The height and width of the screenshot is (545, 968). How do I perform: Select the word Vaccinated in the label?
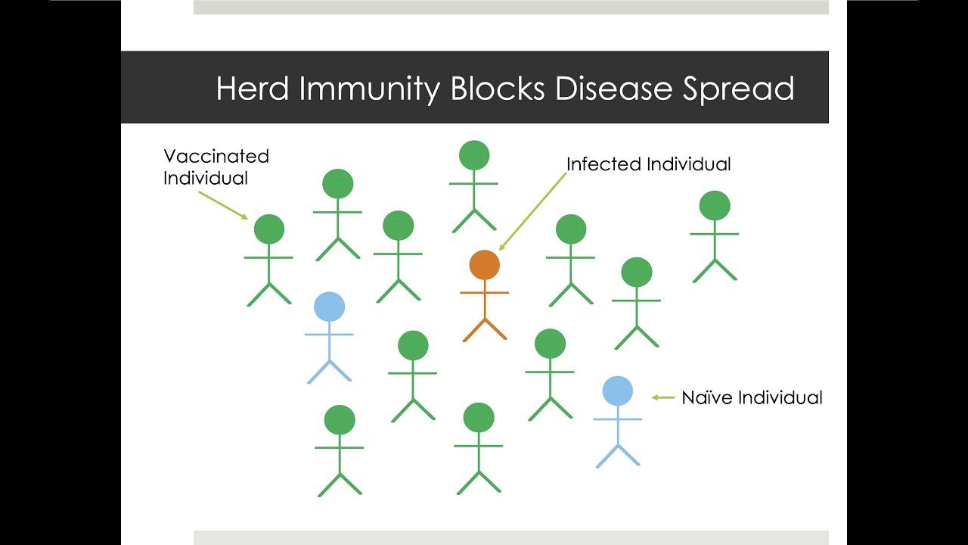(216, 156)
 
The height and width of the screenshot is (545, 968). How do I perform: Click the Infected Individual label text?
(648, 164)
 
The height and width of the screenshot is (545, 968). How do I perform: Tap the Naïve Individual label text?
(752, 397)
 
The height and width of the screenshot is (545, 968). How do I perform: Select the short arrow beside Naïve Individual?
(662, 397)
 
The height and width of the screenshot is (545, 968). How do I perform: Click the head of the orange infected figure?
(484, 265)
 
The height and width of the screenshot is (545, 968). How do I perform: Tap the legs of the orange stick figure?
(484, 329)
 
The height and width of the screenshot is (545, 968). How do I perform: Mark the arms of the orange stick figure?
(484, 292)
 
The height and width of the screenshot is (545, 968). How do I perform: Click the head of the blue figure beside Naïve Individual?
(617, 391)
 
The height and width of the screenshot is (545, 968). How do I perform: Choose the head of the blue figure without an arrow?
(329, 307)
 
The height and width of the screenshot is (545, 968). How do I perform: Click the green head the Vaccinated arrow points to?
(268, 229)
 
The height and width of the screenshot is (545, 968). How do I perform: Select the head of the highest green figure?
(474, 155)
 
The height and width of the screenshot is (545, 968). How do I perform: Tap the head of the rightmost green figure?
(715, 205)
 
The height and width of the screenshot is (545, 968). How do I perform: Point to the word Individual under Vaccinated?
(206, 178)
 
